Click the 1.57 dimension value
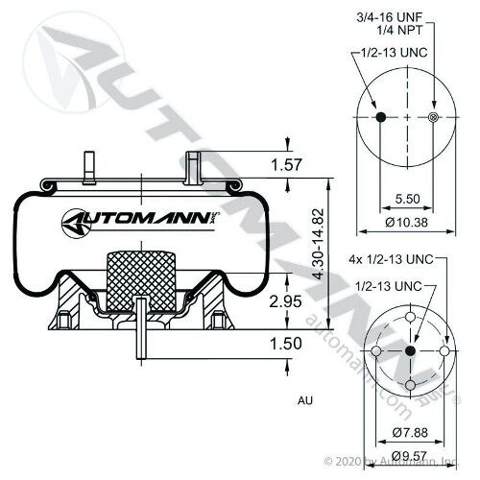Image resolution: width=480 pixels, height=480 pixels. coord(286,165)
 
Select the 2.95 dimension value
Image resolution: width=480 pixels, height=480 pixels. coord(285,301)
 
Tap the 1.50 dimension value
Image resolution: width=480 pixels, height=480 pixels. coord(286,344)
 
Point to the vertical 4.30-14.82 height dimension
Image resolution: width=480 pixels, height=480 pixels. coord(319,244)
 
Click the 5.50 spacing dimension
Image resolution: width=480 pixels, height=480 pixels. coord(407,199)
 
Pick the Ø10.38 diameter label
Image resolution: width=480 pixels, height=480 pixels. coord(406,222)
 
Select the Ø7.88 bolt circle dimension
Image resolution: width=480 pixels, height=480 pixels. coord(410,433)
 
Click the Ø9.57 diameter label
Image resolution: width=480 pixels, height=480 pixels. coord(410,455)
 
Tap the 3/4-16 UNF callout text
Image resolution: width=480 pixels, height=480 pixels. coord(390,17)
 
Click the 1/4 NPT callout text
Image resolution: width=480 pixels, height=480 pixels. coord(399,30)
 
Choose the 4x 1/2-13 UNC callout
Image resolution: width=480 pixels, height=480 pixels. coord(391,259)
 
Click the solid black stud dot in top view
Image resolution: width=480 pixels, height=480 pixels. coord(380,117)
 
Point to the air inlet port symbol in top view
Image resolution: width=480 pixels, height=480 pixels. coord(433,117)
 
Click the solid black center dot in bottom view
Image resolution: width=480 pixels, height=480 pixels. coord(410,351)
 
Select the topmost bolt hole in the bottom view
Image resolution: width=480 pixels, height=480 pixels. coord(410,318)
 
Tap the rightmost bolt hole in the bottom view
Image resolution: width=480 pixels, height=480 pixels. coord(444,351)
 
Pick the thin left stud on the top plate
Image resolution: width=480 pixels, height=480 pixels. coord(89,168)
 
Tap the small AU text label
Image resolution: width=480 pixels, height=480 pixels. coord(305,400)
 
